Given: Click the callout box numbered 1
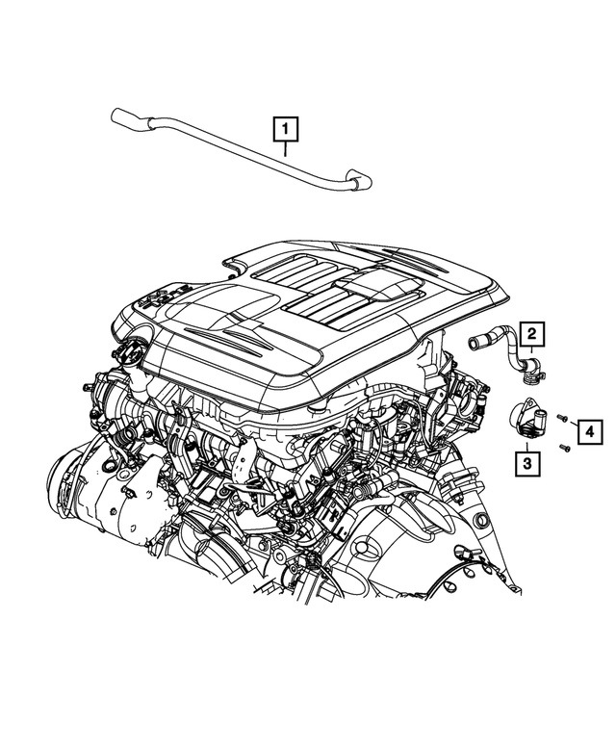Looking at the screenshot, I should click(x=286, y=126).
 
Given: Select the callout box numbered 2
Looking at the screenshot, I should click(x=530, y=335).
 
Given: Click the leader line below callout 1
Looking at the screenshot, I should click(x=286, y=146).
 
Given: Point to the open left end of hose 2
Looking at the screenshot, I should click(x=474, y=338).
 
